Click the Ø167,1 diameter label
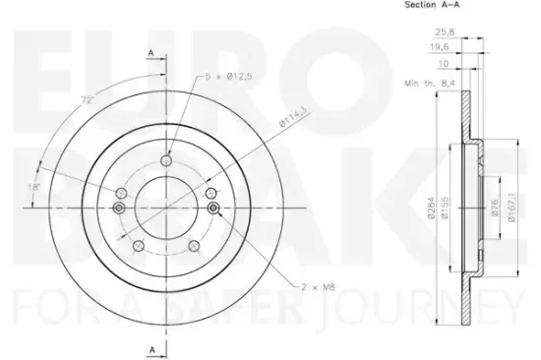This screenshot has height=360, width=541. pos(511,210)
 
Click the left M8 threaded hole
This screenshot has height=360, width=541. pos(119,209)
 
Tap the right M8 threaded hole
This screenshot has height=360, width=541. pos(211,209)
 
